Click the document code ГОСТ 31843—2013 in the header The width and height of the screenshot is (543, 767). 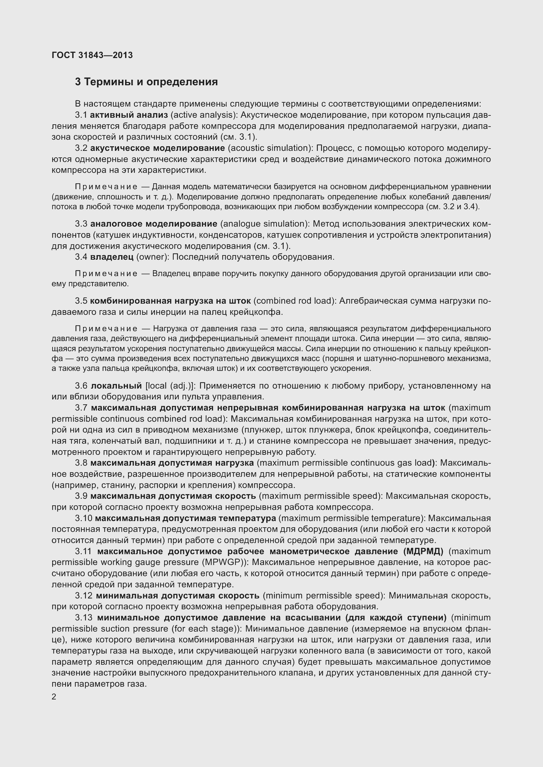[92, 55]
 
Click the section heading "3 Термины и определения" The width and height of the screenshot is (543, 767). [146, 82]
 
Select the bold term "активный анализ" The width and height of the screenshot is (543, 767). [129, 115]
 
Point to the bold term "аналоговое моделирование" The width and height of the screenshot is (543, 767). [154, 224]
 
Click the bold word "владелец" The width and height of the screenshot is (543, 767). [112, 256]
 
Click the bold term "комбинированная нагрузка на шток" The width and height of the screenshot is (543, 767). [170, 301]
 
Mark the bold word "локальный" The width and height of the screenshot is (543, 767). [116, 386]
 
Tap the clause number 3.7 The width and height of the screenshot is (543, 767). [81, 408]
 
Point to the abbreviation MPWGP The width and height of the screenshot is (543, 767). [222, 562]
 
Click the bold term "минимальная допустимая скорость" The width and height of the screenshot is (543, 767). [178, 595]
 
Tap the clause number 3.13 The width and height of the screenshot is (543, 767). [84, 617]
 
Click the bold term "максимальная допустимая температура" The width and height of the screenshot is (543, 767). [185, 518]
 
